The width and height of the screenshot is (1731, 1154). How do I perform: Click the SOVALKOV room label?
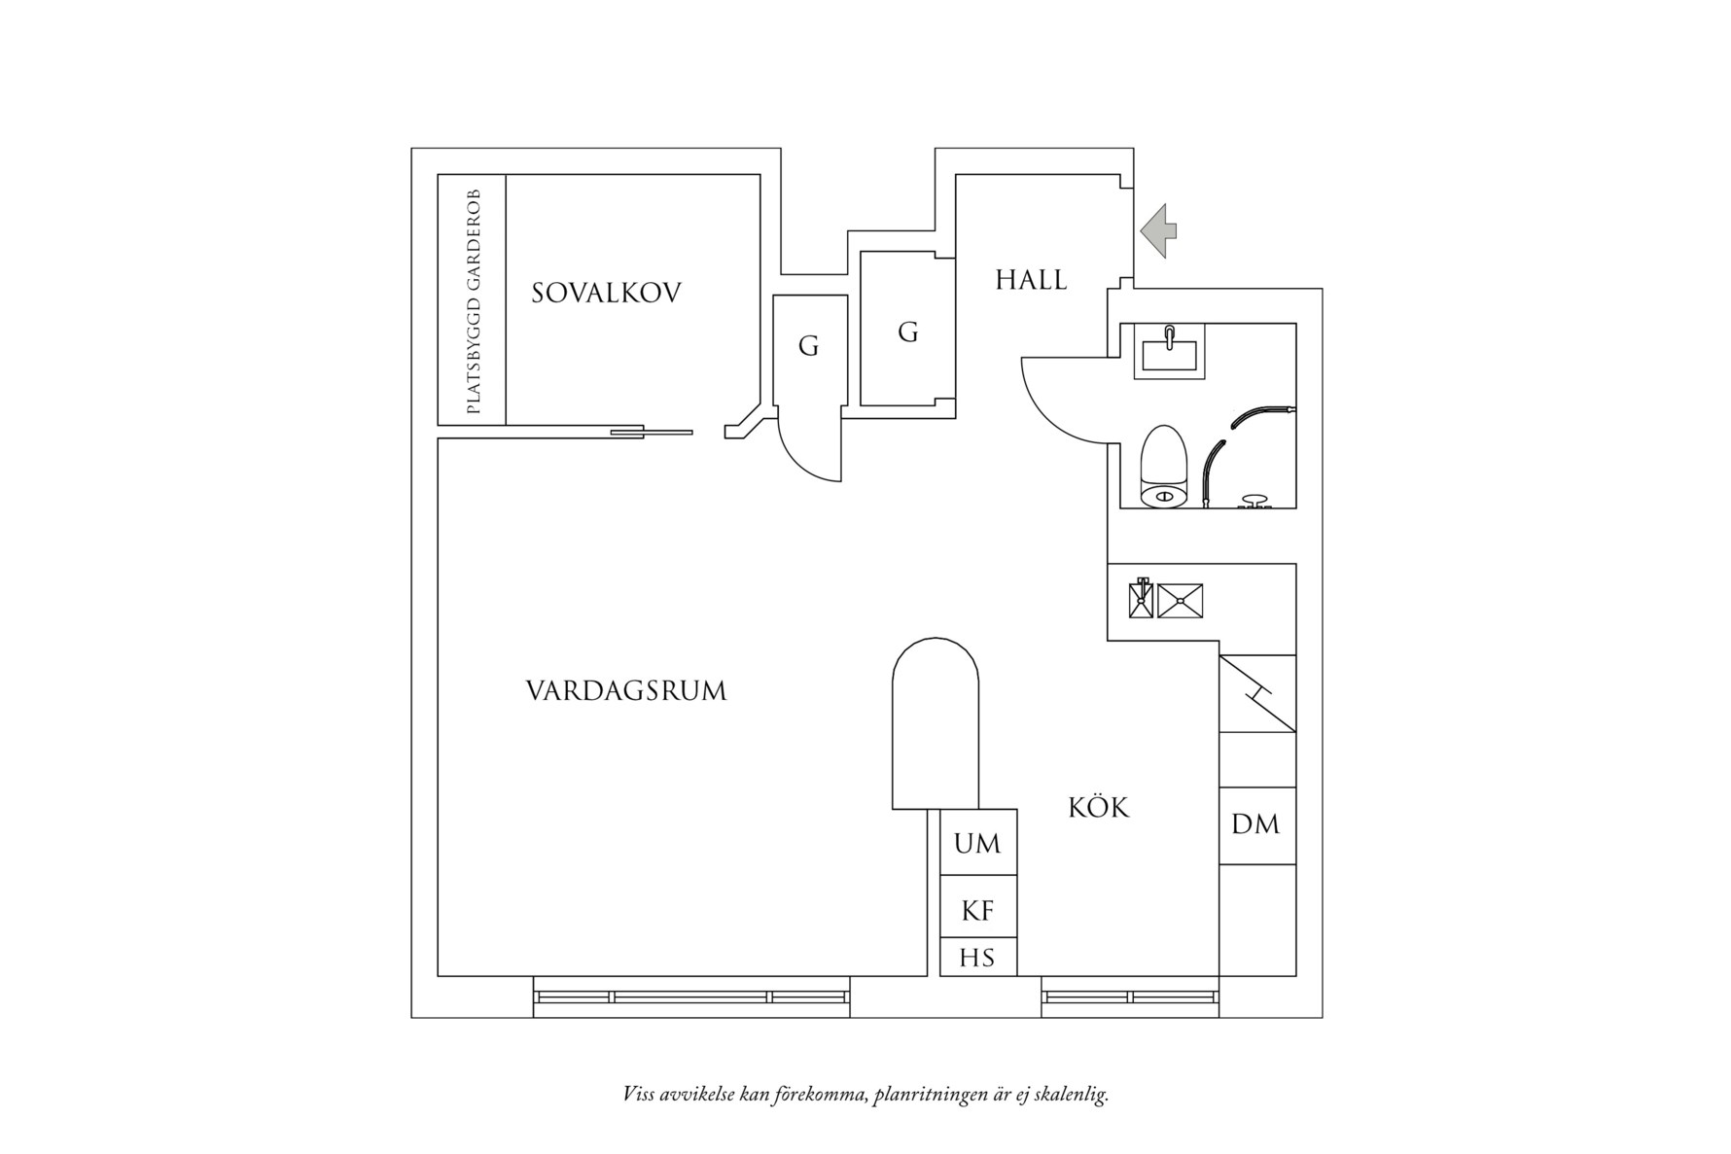coord(606,293)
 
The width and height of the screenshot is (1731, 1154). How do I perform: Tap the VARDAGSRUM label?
coord(626,691)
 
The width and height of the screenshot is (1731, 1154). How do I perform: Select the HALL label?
coord(1031,281)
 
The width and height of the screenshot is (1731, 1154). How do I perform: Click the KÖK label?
coord(1099,807)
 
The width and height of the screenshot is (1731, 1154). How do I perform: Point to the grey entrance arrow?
coord(1158,231)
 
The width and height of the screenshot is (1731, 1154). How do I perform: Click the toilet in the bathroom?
coord(1163,468)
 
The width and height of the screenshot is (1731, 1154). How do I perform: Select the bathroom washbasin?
coord(1169,352)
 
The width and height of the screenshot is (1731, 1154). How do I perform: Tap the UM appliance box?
coord(977,843)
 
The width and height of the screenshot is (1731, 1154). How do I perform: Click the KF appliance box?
coord(977,910)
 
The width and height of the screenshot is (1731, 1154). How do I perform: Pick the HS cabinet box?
coord(977,958)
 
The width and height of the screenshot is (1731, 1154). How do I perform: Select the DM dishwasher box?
coord(1255,824)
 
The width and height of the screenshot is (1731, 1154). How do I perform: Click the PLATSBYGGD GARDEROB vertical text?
coord(474,301)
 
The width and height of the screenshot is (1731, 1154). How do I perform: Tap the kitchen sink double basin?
coord(1166,600)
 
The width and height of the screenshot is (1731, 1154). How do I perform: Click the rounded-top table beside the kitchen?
coord(935,724)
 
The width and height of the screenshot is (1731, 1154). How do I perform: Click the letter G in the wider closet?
coord(907,332)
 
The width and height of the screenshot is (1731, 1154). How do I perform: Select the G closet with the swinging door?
coord(808,346)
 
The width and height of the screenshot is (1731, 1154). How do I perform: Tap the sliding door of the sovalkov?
coord(651,432)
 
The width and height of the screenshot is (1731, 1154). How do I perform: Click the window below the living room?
coord(690,997)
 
